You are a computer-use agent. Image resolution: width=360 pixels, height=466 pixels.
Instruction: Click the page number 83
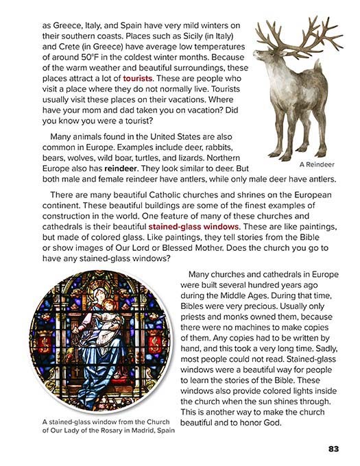point(333,450)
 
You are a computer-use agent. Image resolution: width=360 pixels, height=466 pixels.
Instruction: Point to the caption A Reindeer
point(316,164)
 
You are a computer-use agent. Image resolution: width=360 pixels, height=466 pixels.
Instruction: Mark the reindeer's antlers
point(295,34)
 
